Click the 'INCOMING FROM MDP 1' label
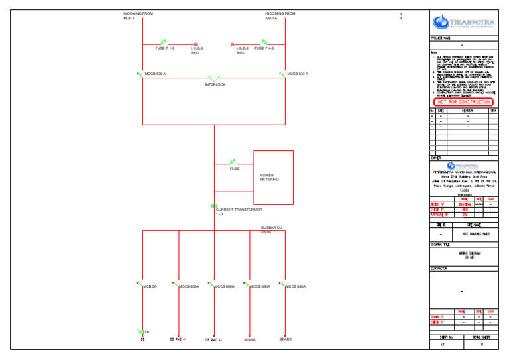138,15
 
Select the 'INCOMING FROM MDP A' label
280,15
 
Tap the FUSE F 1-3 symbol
164,42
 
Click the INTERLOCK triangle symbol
214,79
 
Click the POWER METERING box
273,177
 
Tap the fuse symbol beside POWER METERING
233,162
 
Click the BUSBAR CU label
272,228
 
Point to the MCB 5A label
150,286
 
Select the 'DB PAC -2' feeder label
213,340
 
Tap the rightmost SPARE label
285,339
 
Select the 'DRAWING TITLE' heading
440,245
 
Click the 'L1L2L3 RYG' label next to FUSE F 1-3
197,50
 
